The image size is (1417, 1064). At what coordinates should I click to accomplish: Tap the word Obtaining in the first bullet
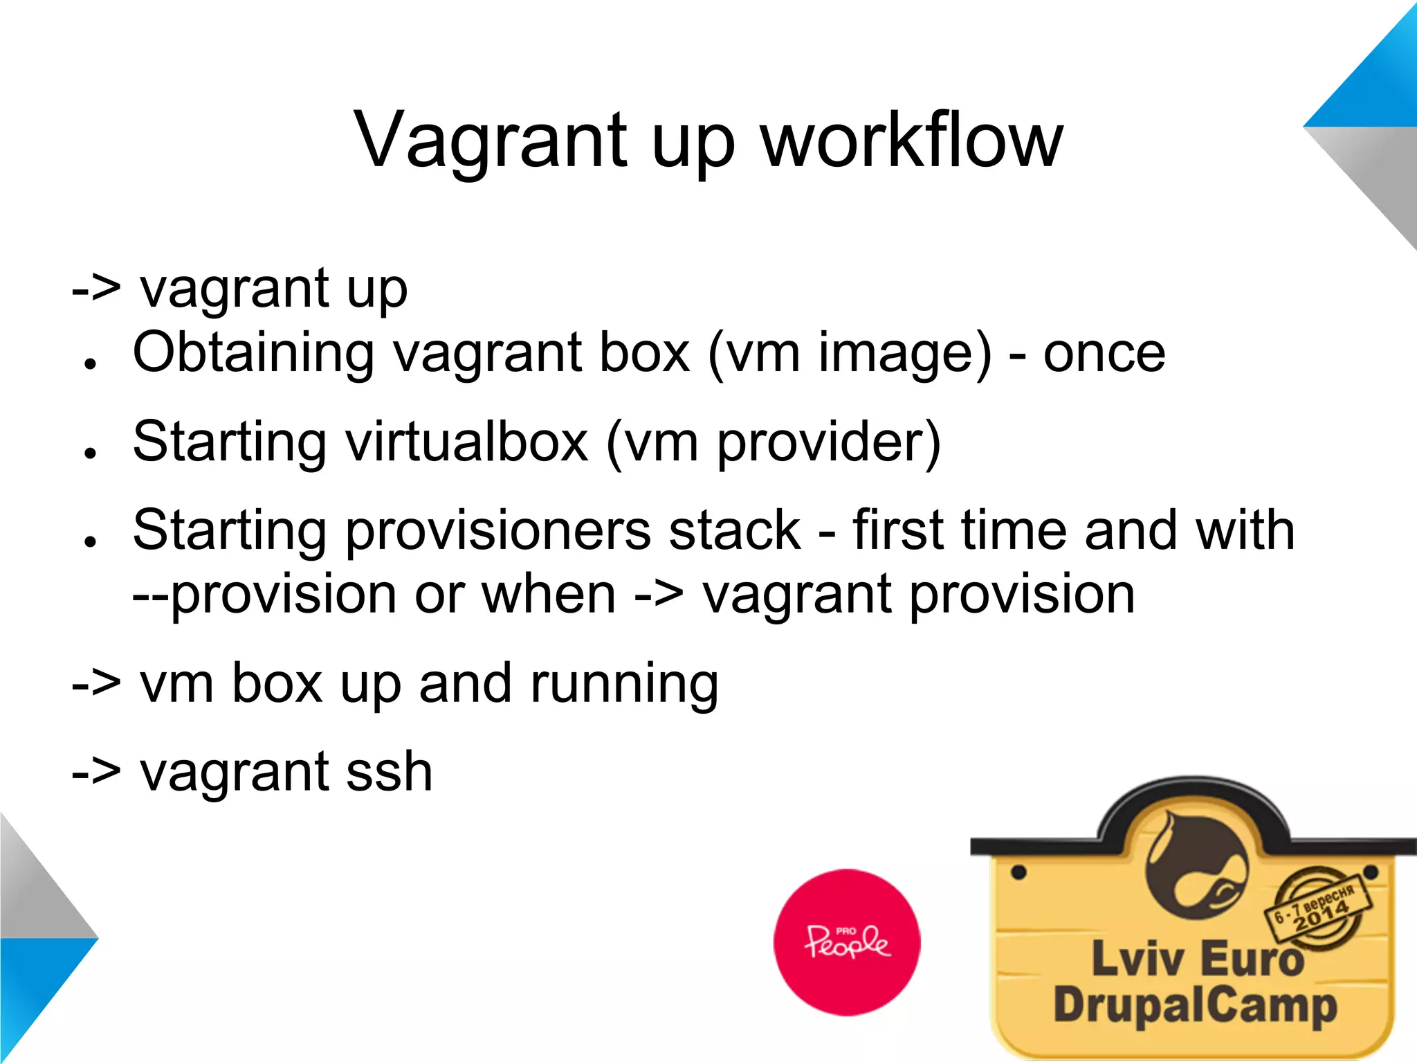pos(253,353)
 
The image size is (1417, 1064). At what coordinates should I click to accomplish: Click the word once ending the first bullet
pos(1104,354)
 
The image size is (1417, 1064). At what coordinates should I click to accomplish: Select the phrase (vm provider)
pos(773,443)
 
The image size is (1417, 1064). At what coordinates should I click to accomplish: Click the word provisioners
pos(498,532)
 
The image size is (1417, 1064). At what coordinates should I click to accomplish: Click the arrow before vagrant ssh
pos(96,772)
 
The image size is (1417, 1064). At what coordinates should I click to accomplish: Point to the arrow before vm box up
pos(96,684)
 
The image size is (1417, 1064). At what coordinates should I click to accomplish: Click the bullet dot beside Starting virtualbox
pos(89,453)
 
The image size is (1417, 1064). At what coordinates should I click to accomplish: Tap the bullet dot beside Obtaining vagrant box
pos(89,364)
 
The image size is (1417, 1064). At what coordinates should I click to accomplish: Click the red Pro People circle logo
pos(847,942)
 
